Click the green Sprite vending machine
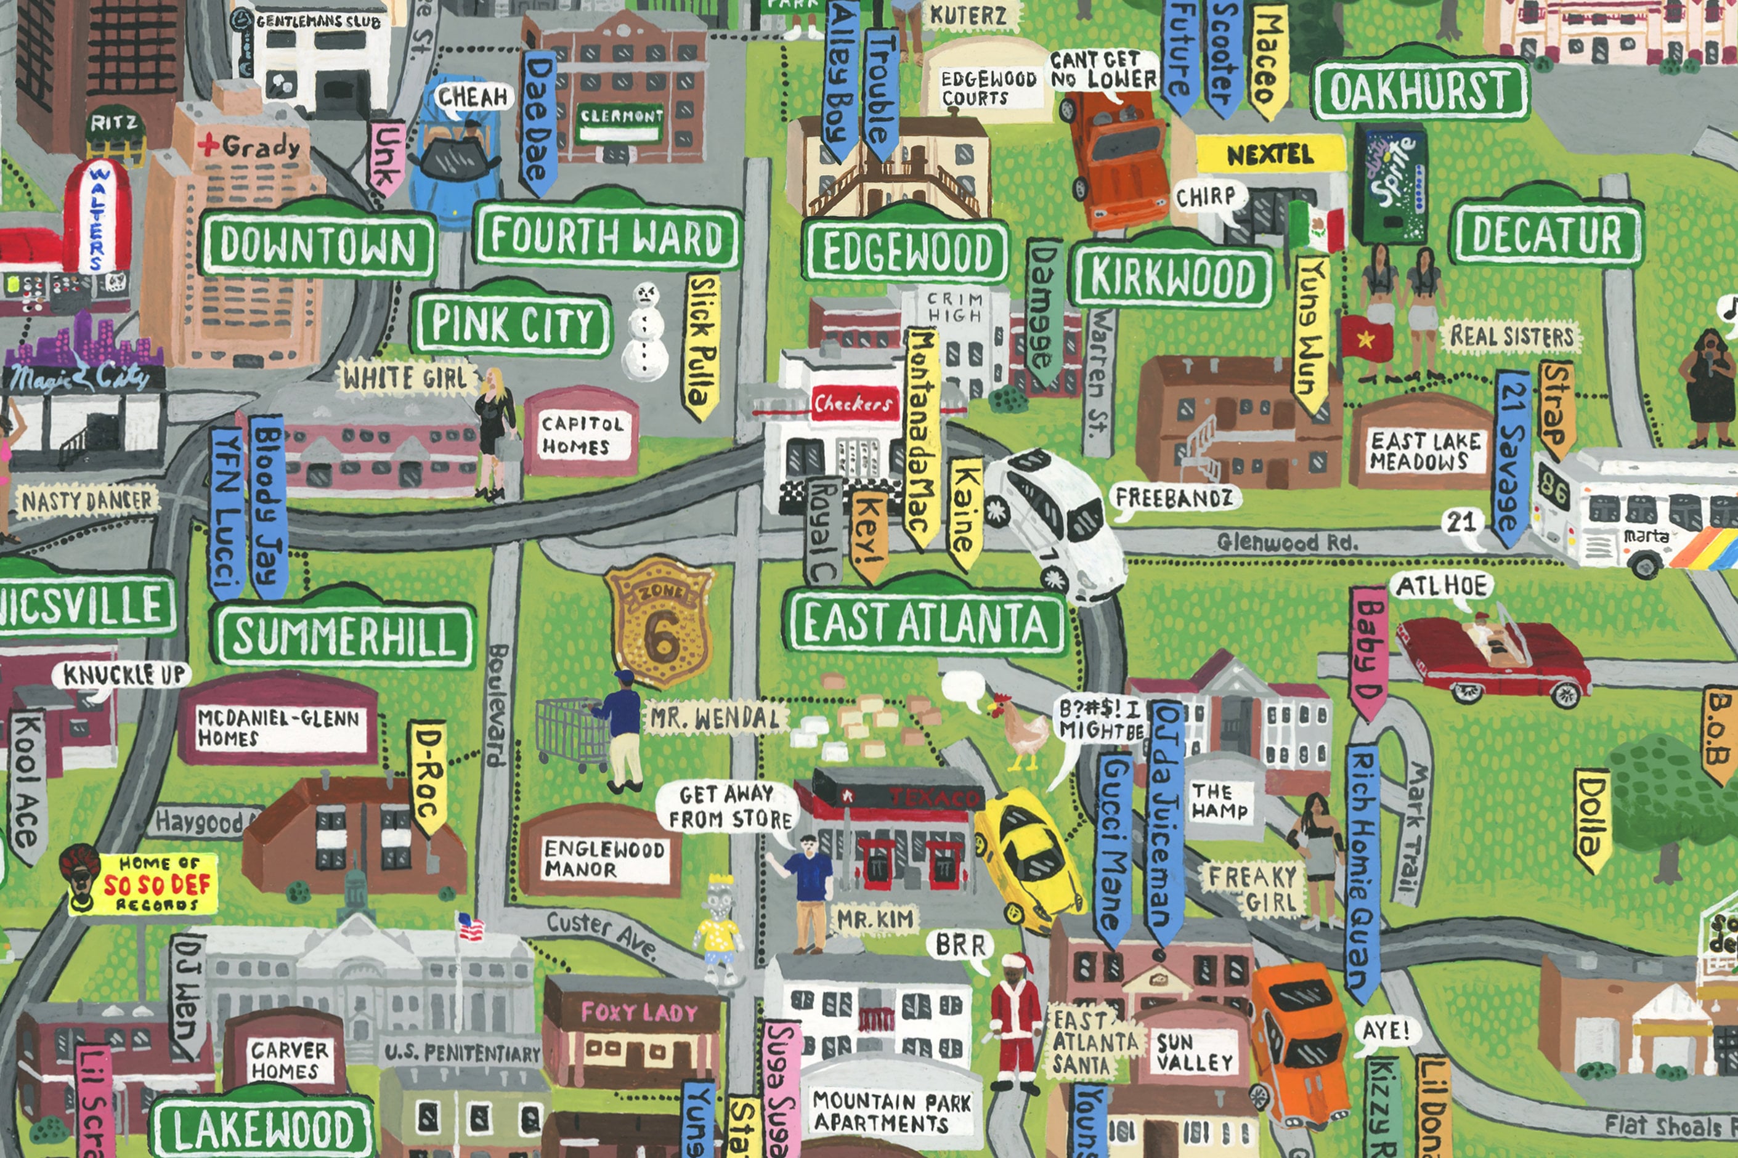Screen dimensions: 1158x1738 [x=1389, y=185]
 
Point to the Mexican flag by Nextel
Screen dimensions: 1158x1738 [x=1318, y=226]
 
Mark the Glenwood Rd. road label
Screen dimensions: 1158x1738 [x=1286, y=543]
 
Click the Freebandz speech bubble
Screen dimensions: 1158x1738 [x=1174, y=498]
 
